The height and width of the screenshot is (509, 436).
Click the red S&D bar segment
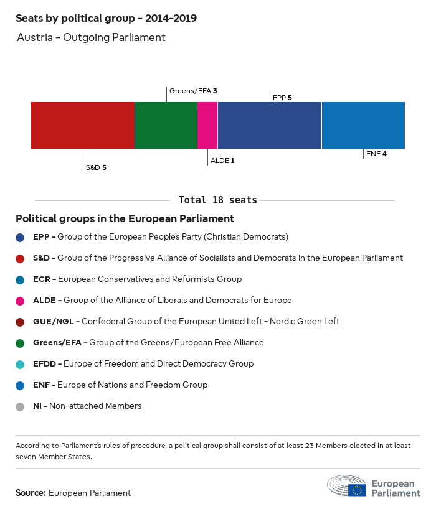click(83, 126)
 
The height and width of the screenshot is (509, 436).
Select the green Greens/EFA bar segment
click(166, 126)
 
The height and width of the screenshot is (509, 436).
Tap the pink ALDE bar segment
click(207, 126)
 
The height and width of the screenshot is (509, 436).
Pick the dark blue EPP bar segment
click(270, 126)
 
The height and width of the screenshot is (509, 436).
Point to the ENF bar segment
click(363, 126)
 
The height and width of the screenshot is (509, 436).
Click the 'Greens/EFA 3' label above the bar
click(193, 91)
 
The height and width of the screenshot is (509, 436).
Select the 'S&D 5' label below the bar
click(96, 167)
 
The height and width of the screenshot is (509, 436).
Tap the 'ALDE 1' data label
click(222, 161)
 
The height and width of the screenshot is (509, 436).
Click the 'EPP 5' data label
click(282, 98)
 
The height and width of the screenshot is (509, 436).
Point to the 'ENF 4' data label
click(376, 153)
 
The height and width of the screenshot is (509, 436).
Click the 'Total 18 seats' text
click(217, 200)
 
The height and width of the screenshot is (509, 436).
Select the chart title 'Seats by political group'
click(106, 18)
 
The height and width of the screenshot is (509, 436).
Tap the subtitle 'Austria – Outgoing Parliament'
click(91, 37)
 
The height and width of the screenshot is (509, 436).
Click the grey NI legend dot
click(20, 406)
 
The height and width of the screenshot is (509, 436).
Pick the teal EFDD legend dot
click(20, 364)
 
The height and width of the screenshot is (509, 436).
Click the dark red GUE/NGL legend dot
click(20, 322)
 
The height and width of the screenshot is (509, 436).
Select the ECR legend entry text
click(137, 279)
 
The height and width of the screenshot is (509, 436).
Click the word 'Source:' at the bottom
click(31, 493)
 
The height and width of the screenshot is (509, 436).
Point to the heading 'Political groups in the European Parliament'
click(125, 219)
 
